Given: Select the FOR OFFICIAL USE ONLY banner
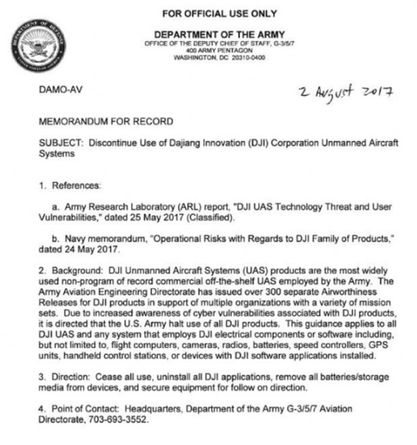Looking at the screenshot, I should pos(219,13).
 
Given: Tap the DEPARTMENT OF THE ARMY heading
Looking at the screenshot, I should pos(219,34).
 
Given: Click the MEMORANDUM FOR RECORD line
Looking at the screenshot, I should pos(106,122).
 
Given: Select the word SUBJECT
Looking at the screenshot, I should pos(58,143).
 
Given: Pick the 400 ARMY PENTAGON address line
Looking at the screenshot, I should pos(219,52).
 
